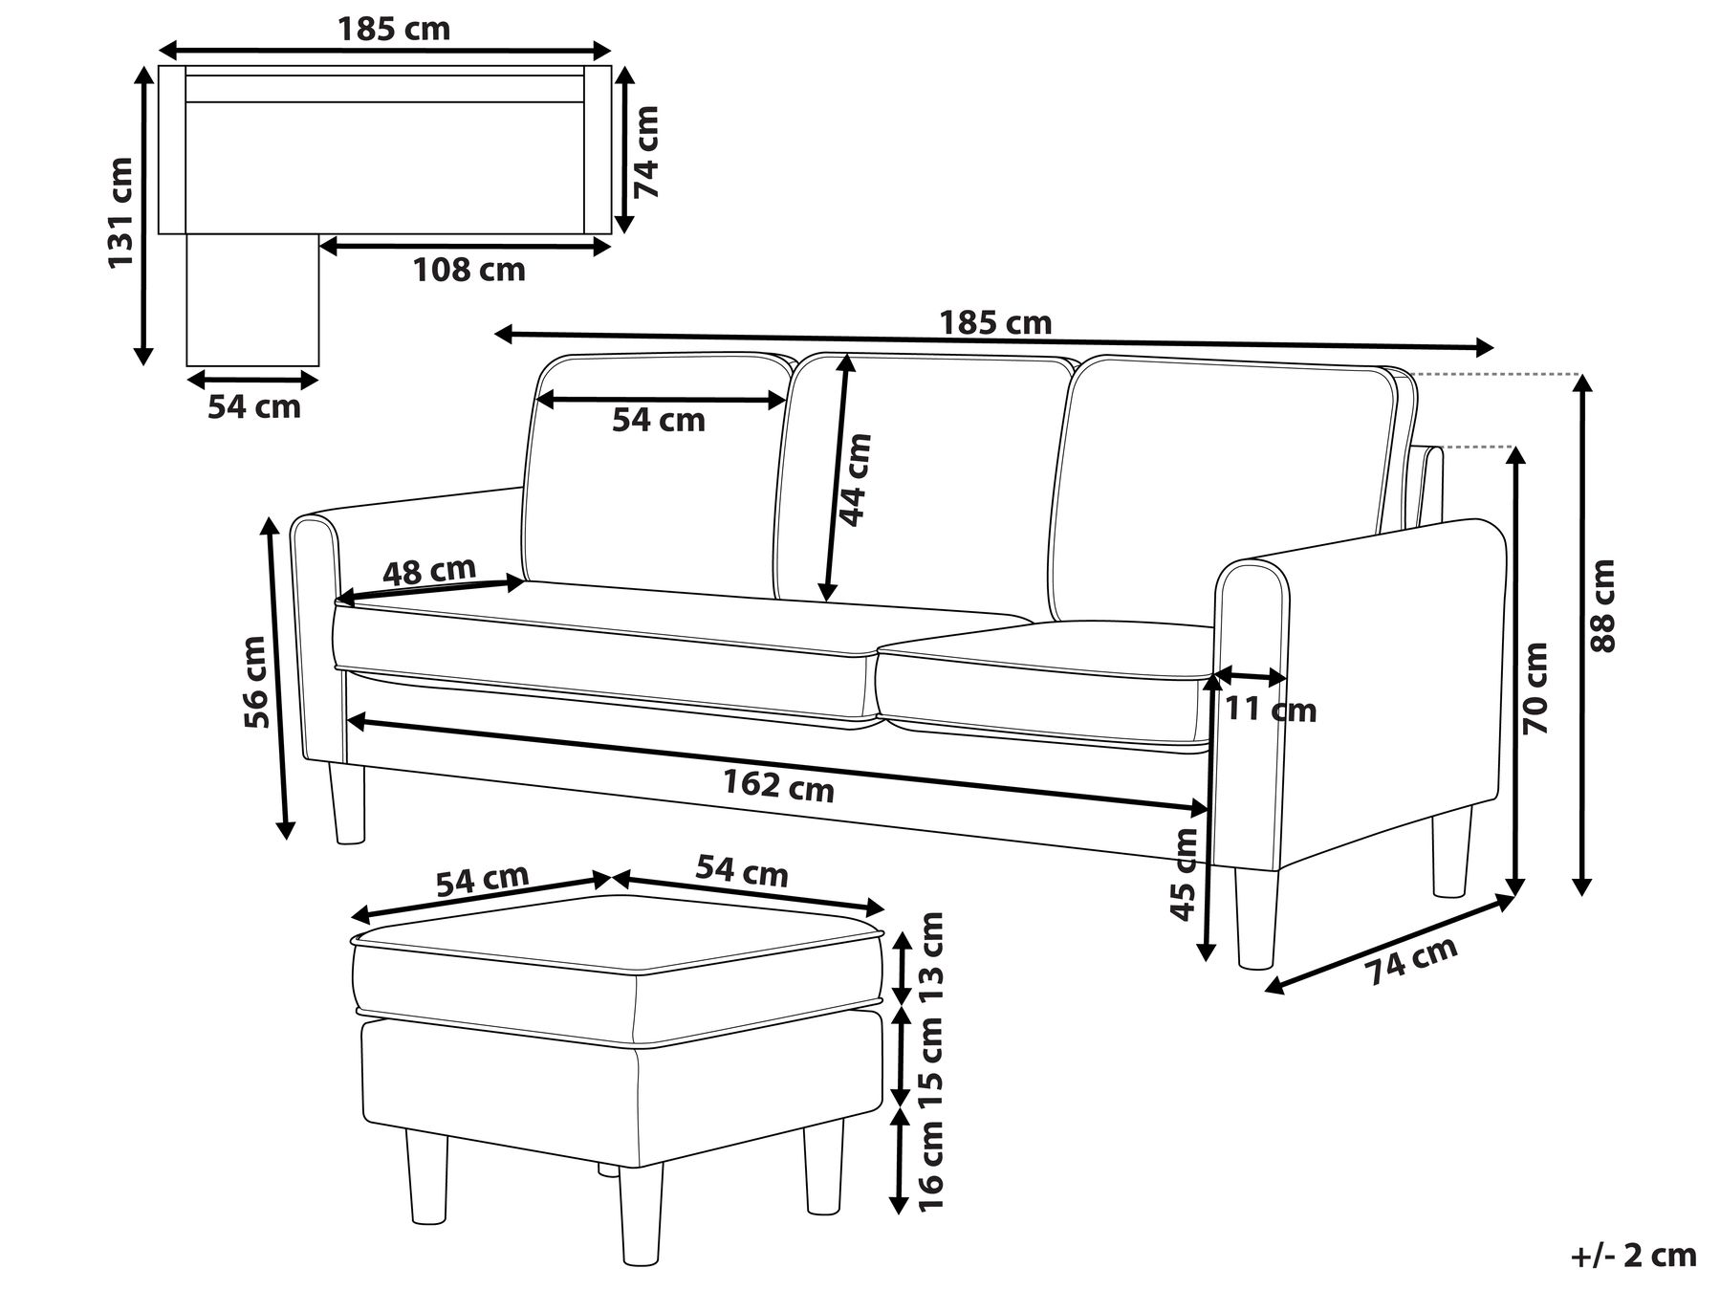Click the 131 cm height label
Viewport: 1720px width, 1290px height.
coord(120,212)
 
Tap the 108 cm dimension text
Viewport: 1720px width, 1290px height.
coord(468,271)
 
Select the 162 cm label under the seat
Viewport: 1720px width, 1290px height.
coord(778,786)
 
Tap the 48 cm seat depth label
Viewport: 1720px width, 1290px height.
coord(429,571)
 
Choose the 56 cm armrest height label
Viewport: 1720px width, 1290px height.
coord(255,682)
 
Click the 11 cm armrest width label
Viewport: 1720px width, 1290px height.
coord(1271,711)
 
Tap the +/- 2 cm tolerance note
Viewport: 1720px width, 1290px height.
coord(1631,1255)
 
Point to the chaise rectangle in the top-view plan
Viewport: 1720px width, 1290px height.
coord(252,299)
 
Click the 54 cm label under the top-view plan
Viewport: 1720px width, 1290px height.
coord(254,406)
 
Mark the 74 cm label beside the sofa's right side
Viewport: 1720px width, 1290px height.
coord(1411,960)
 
